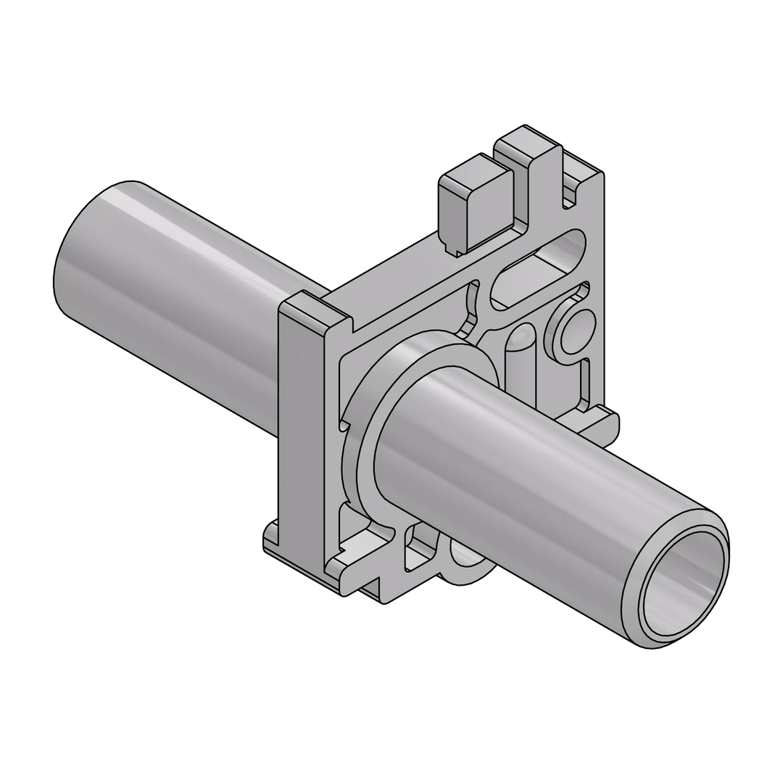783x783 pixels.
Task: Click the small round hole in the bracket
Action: tap(578, 332)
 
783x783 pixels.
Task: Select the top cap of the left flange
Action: tap(313, 310)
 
